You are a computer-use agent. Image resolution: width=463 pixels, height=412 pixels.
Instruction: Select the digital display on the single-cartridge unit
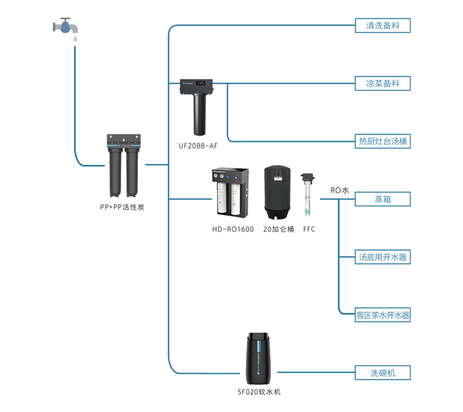click(201, 83)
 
